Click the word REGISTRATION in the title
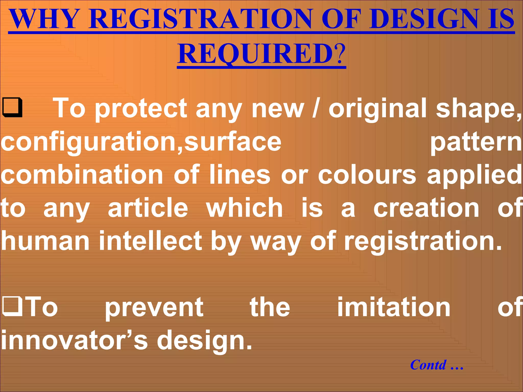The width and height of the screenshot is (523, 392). click(200, 19)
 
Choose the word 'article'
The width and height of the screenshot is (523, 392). click(148, 208)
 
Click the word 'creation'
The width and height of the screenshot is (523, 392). click(426, 208)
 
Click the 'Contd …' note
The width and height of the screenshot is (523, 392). click(436, 365)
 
